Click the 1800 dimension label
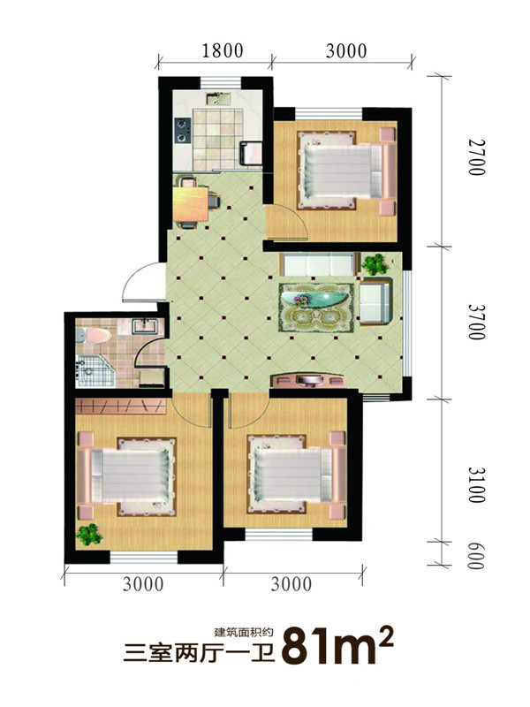[223, 50]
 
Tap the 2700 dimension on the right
[476, 157]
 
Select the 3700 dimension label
[476, 322]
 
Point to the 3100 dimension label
[476, 484]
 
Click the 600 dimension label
[476, 555]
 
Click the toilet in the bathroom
[94, 337]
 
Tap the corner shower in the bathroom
[95, 371]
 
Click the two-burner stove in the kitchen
[183, 130]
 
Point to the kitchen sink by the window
[218, 98]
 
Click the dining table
[191, 204]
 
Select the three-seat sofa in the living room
[318, 264]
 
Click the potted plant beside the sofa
[375, 264]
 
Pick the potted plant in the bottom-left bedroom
[90, 535]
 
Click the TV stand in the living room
[308, 380]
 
